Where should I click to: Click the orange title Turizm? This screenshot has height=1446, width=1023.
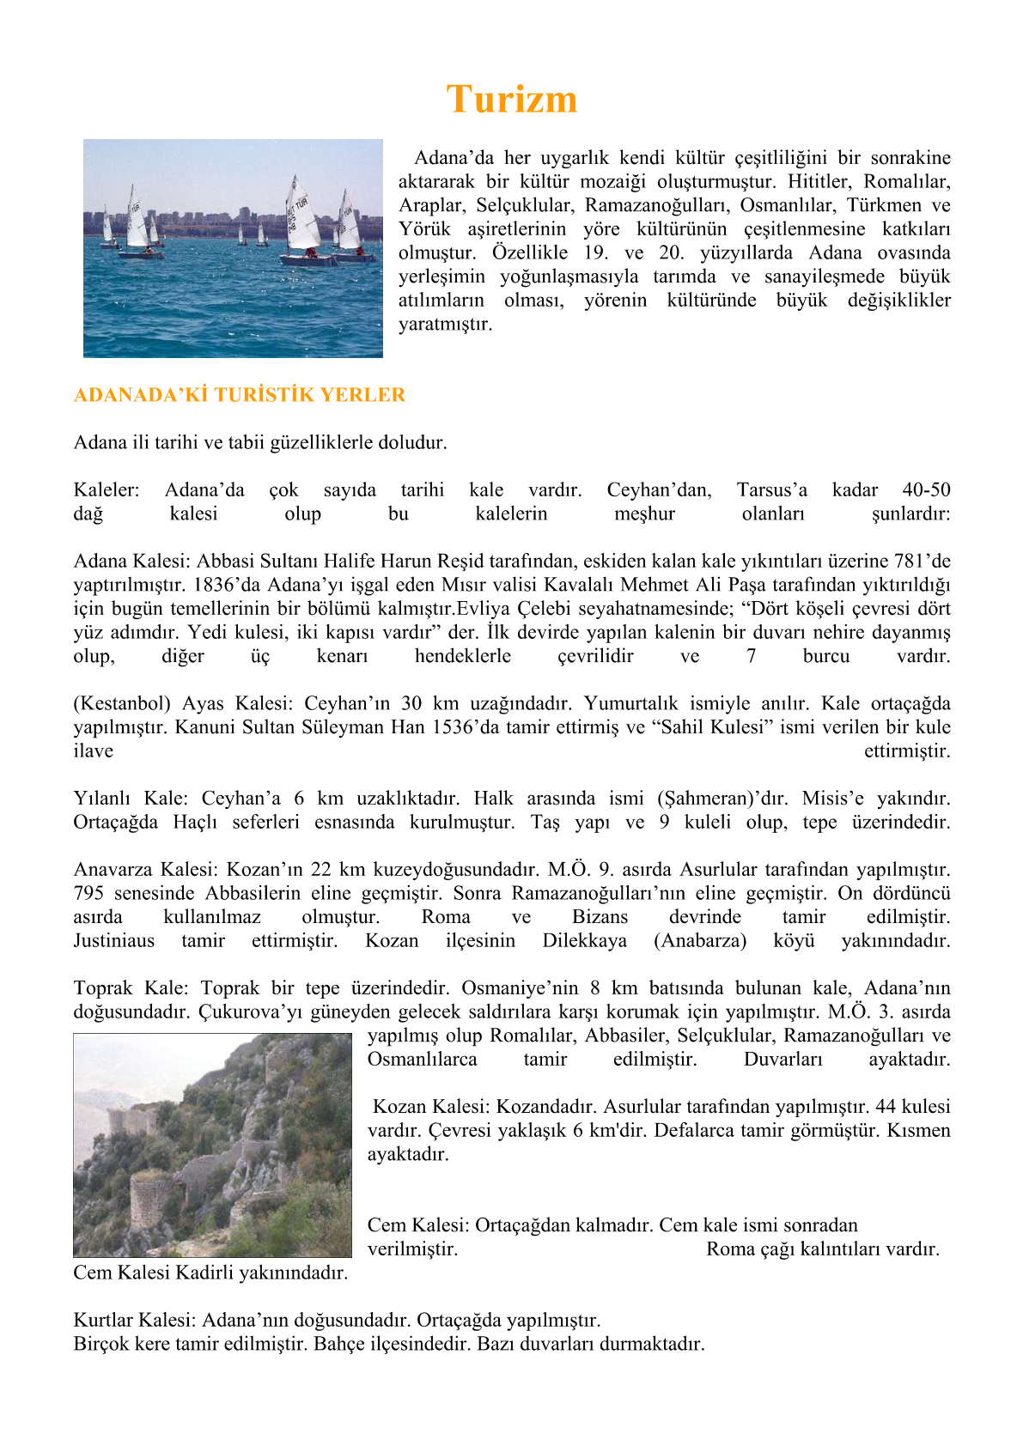511,100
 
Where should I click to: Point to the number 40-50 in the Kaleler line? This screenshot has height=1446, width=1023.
926,490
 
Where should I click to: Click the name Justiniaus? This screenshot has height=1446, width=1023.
114,941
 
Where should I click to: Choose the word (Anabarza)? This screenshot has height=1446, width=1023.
699,941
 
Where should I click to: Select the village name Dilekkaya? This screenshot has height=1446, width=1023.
584,941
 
